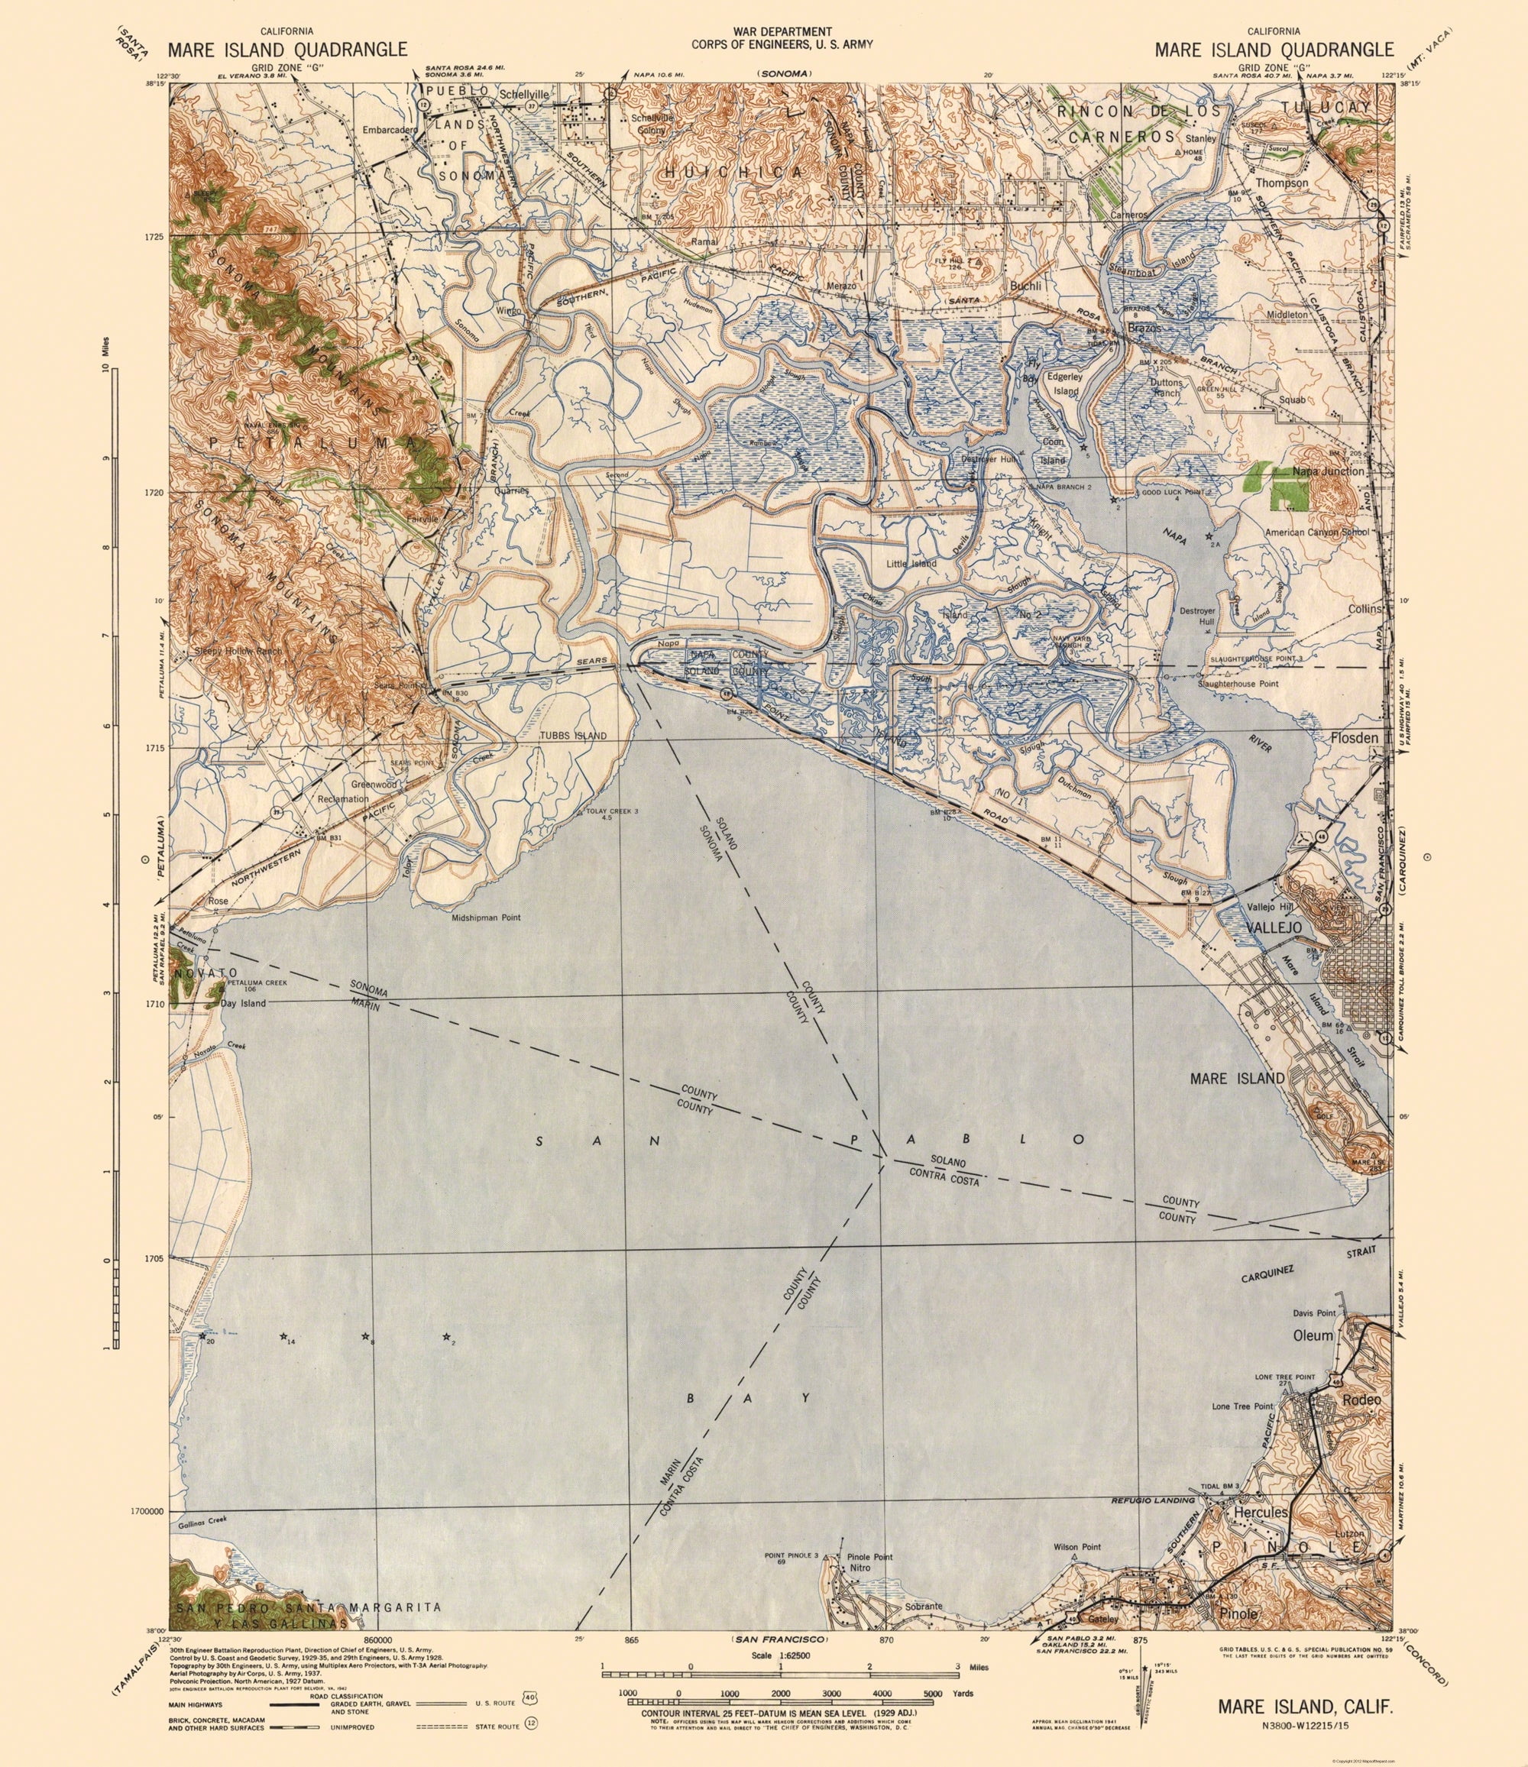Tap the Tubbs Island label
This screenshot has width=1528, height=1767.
coord(574,735)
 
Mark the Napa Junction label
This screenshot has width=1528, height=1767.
coord(1329,471)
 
